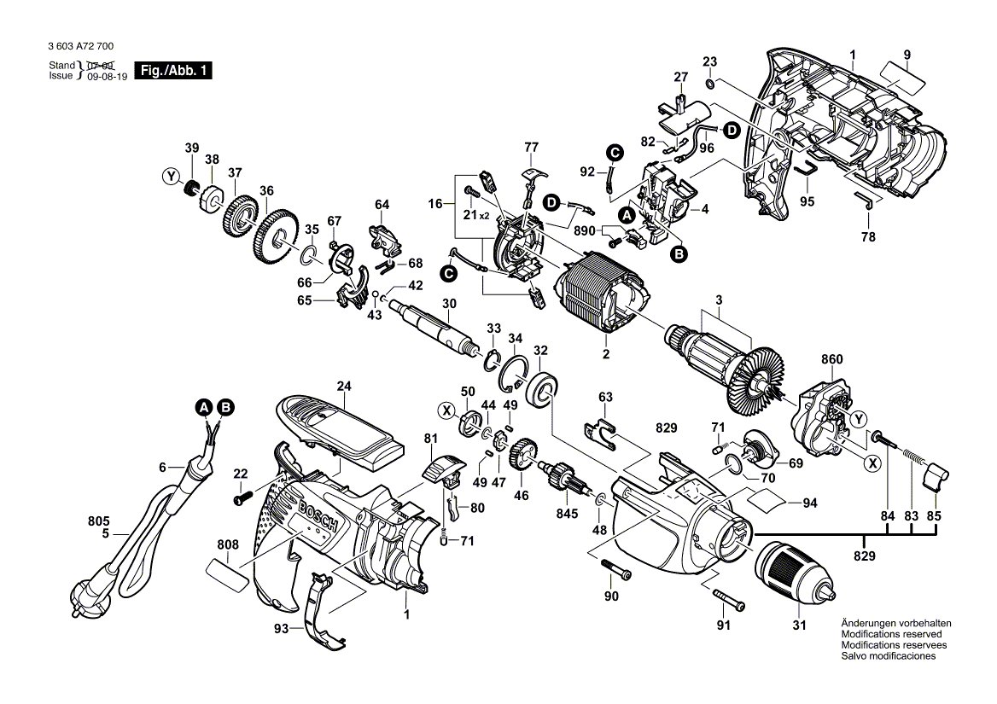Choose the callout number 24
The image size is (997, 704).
click(344, 386)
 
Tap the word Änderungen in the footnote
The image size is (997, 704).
click(868, 623)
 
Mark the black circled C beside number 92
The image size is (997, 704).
click(615, 152)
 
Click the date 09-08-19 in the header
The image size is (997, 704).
click(104, 76)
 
